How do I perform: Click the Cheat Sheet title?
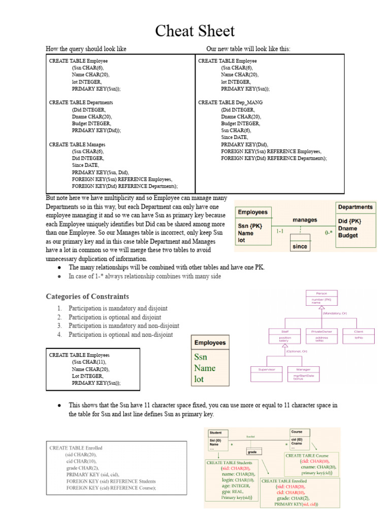pos(195,31)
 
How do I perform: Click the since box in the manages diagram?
pos(300,247)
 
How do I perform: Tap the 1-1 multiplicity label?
pos(280,231)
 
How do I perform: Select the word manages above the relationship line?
pos(305,220)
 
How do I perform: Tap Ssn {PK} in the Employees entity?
pos(250,226)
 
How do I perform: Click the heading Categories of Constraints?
pos(87,297)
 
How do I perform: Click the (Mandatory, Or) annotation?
pos(335,313)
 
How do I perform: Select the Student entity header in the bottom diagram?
pos(216,432)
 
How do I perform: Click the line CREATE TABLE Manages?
pos(77,144)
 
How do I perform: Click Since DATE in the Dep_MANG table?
pos(235,137)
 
